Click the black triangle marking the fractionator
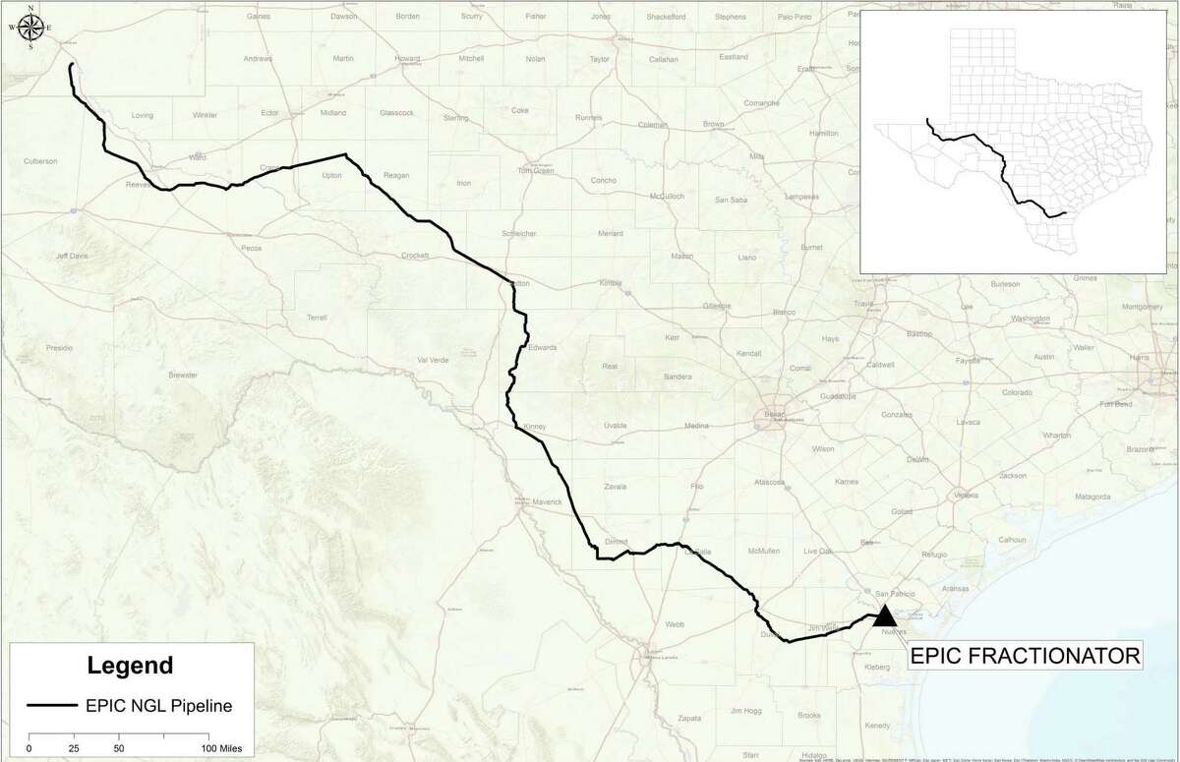pos(884,616)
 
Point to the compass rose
pos(31,28)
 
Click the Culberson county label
pos(43,160)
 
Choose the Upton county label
pos(331,177)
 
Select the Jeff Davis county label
pos(72,256)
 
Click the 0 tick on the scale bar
pos(29,749)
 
